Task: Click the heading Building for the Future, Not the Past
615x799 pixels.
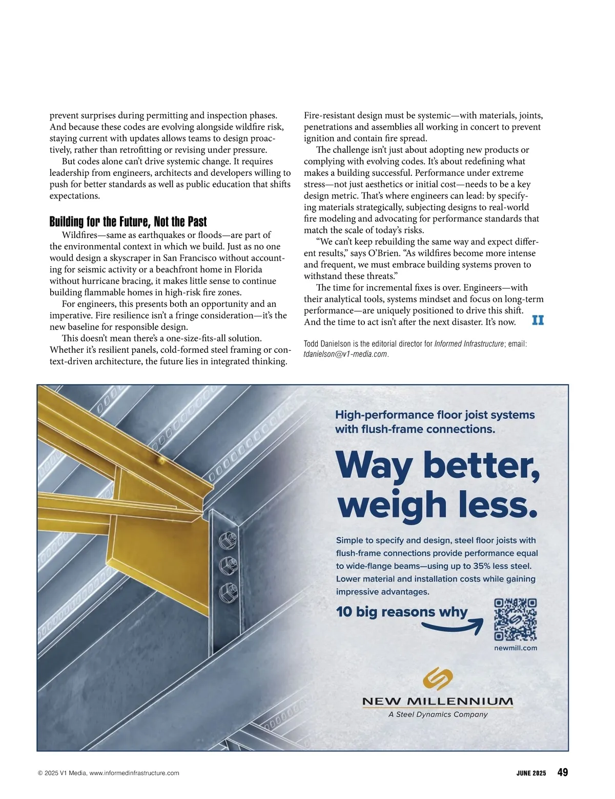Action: (x=128, y=222)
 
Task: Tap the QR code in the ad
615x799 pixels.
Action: (x=515, y=620)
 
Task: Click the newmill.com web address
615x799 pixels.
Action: (x=516, y=648)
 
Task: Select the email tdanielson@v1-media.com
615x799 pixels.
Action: (x=345, y=354)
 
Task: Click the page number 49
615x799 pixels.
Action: (x=562, y=772)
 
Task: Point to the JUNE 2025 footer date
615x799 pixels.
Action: (x=531, y=773)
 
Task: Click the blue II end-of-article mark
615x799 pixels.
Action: (x=538, y=321)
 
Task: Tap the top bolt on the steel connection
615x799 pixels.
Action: (x=228, y=540)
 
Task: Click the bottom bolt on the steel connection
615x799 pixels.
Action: (x=227, y=593)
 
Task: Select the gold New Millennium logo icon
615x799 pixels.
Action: (x=438, y=678)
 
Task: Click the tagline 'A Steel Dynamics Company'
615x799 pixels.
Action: (x=438, y=714)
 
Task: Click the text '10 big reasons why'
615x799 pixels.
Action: (x=402, y=612)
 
